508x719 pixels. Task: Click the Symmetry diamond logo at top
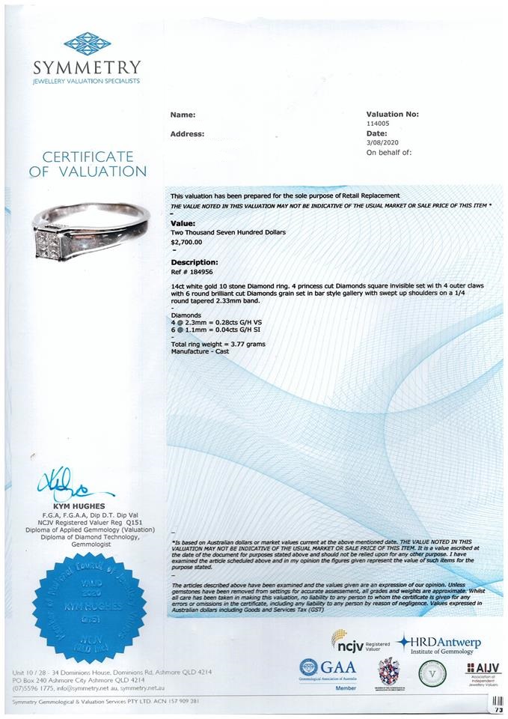click(87, 42)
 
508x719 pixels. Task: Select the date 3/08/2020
click(381, 142)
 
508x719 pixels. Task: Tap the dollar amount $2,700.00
click(187, 242)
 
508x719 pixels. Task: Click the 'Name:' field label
click(183, 115)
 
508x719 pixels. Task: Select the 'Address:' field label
click(188, 134)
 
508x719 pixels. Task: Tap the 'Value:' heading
click(183, 223)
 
